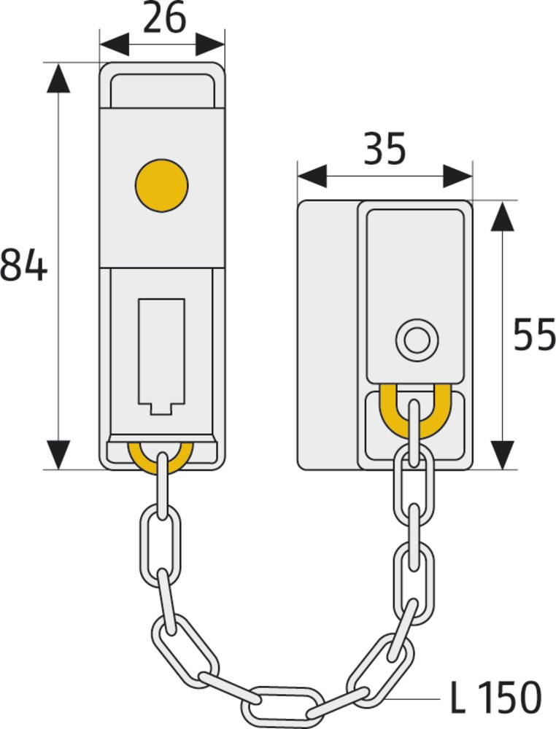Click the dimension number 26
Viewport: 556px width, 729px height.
[164, 19]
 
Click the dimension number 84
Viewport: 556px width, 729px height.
[23, 265]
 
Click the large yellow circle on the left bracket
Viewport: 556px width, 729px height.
[161, 185]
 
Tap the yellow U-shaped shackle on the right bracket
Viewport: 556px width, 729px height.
[414, 414]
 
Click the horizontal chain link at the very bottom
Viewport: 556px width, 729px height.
[283, 703]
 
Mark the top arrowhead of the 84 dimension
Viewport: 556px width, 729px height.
[58, 77]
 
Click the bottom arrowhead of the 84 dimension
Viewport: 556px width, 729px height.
[58, 455]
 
